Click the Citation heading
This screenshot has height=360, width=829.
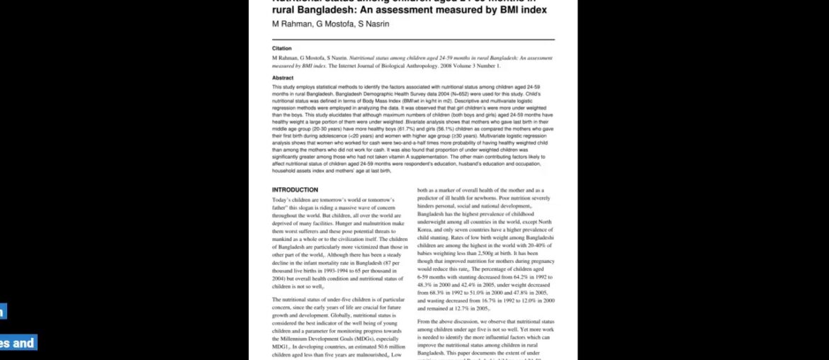click(281, 49)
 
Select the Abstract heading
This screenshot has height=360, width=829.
click(283, 78)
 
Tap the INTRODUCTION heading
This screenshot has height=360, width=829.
click(295, 191)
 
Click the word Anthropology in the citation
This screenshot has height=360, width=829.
click(445, 66)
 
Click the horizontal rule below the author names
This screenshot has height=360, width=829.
click(414, 40)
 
